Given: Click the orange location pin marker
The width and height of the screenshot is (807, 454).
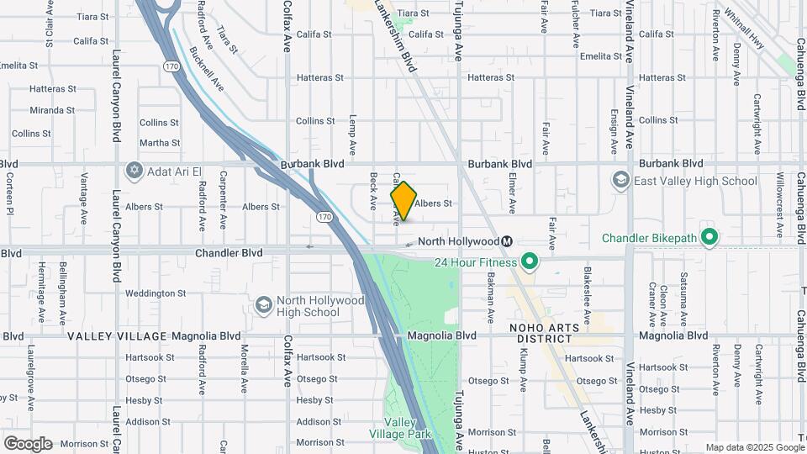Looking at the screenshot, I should click(403, 201).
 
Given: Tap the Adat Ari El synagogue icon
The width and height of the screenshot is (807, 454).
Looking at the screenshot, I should click(133, 172).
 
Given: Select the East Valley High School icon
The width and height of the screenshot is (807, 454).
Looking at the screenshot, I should click(621, 180).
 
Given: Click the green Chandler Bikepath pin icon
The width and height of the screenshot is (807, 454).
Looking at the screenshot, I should click(709, 238).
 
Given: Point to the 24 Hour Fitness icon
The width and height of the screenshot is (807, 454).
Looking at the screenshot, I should click(529, 262).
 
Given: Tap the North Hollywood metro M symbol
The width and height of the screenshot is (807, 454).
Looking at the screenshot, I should click(507, 241).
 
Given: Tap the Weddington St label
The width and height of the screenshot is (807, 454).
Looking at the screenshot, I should click(156, 293).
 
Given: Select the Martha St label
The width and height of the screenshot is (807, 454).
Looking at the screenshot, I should click(160, 143).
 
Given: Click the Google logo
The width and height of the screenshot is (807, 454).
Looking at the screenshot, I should click(28, 444).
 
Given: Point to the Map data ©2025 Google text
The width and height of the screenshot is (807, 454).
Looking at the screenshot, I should click(754, 447).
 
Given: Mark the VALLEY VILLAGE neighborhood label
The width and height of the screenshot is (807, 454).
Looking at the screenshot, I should click(116, 336).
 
